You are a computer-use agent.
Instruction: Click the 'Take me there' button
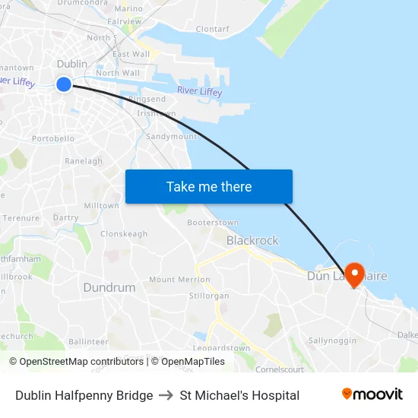(209, 186)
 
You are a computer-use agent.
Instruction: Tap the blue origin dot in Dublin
(64, 84)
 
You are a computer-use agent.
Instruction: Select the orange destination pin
(354, 272)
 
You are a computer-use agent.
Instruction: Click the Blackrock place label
(252, 240)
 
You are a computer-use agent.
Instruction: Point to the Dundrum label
(109, 287)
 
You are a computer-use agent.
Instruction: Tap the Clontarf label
(212, 29)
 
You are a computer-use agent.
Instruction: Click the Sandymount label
(171, 136)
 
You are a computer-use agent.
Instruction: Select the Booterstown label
(213, 223)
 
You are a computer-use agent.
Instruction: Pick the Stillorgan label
(208, 295)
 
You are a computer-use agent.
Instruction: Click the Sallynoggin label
(332, 340)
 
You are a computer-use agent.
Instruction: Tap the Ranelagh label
(84, 161)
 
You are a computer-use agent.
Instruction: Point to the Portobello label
(53, 138)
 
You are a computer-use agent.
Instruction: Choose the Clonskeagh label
(124, 234)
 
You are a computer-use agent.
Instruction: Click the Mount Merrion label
(179, 280)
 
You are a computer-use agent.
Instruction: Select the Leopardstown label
(221, 348)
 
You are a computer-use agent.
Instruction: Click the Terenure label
(21, 217)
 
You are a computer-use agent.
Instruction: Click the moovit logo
(372, 394)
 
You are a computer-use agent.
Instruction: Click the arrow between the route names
(166, 395)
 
